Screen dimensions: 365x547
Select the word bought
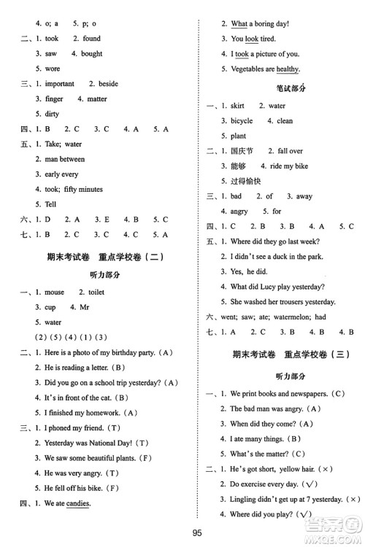(92, 53)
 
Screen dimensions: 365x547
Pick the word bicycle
(242, 120)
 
